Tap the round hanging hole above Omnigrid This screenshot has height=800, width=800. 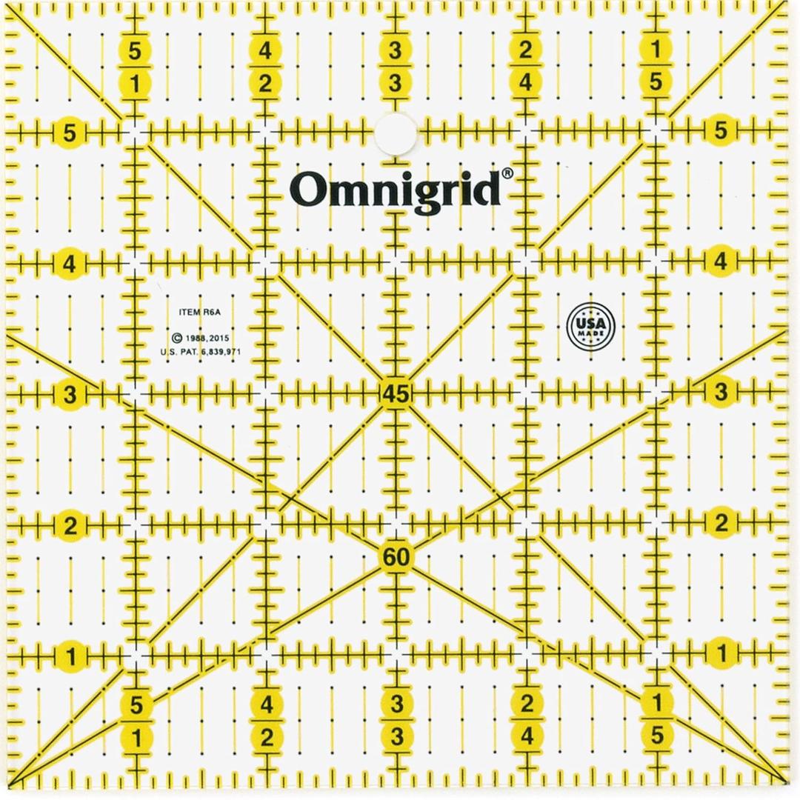395,134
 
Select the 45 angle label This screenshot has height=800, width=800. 395,394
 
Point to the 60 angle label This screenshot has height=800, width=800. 396,557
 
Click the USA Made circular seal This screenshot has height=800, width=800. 590,324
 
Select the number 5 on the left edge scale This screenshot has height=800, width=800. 70,134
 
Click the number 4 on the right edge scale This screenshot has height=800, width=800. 721,262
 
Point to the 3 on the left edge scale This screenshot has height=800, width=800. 70,395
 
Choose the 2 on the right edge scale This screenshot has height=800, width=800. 721,524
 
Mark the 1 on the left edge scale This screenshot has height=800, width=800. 70,656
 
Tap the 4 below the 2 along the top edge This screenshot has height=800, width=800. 526,84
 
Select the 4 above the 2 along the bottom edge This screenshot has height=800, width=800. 266,704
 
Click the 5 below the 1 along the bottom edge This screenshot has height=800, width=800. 656,736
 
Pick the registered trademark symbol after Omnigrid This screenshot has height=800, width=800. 507,173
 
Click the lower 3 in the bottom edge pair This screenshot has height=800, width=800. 396,736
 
